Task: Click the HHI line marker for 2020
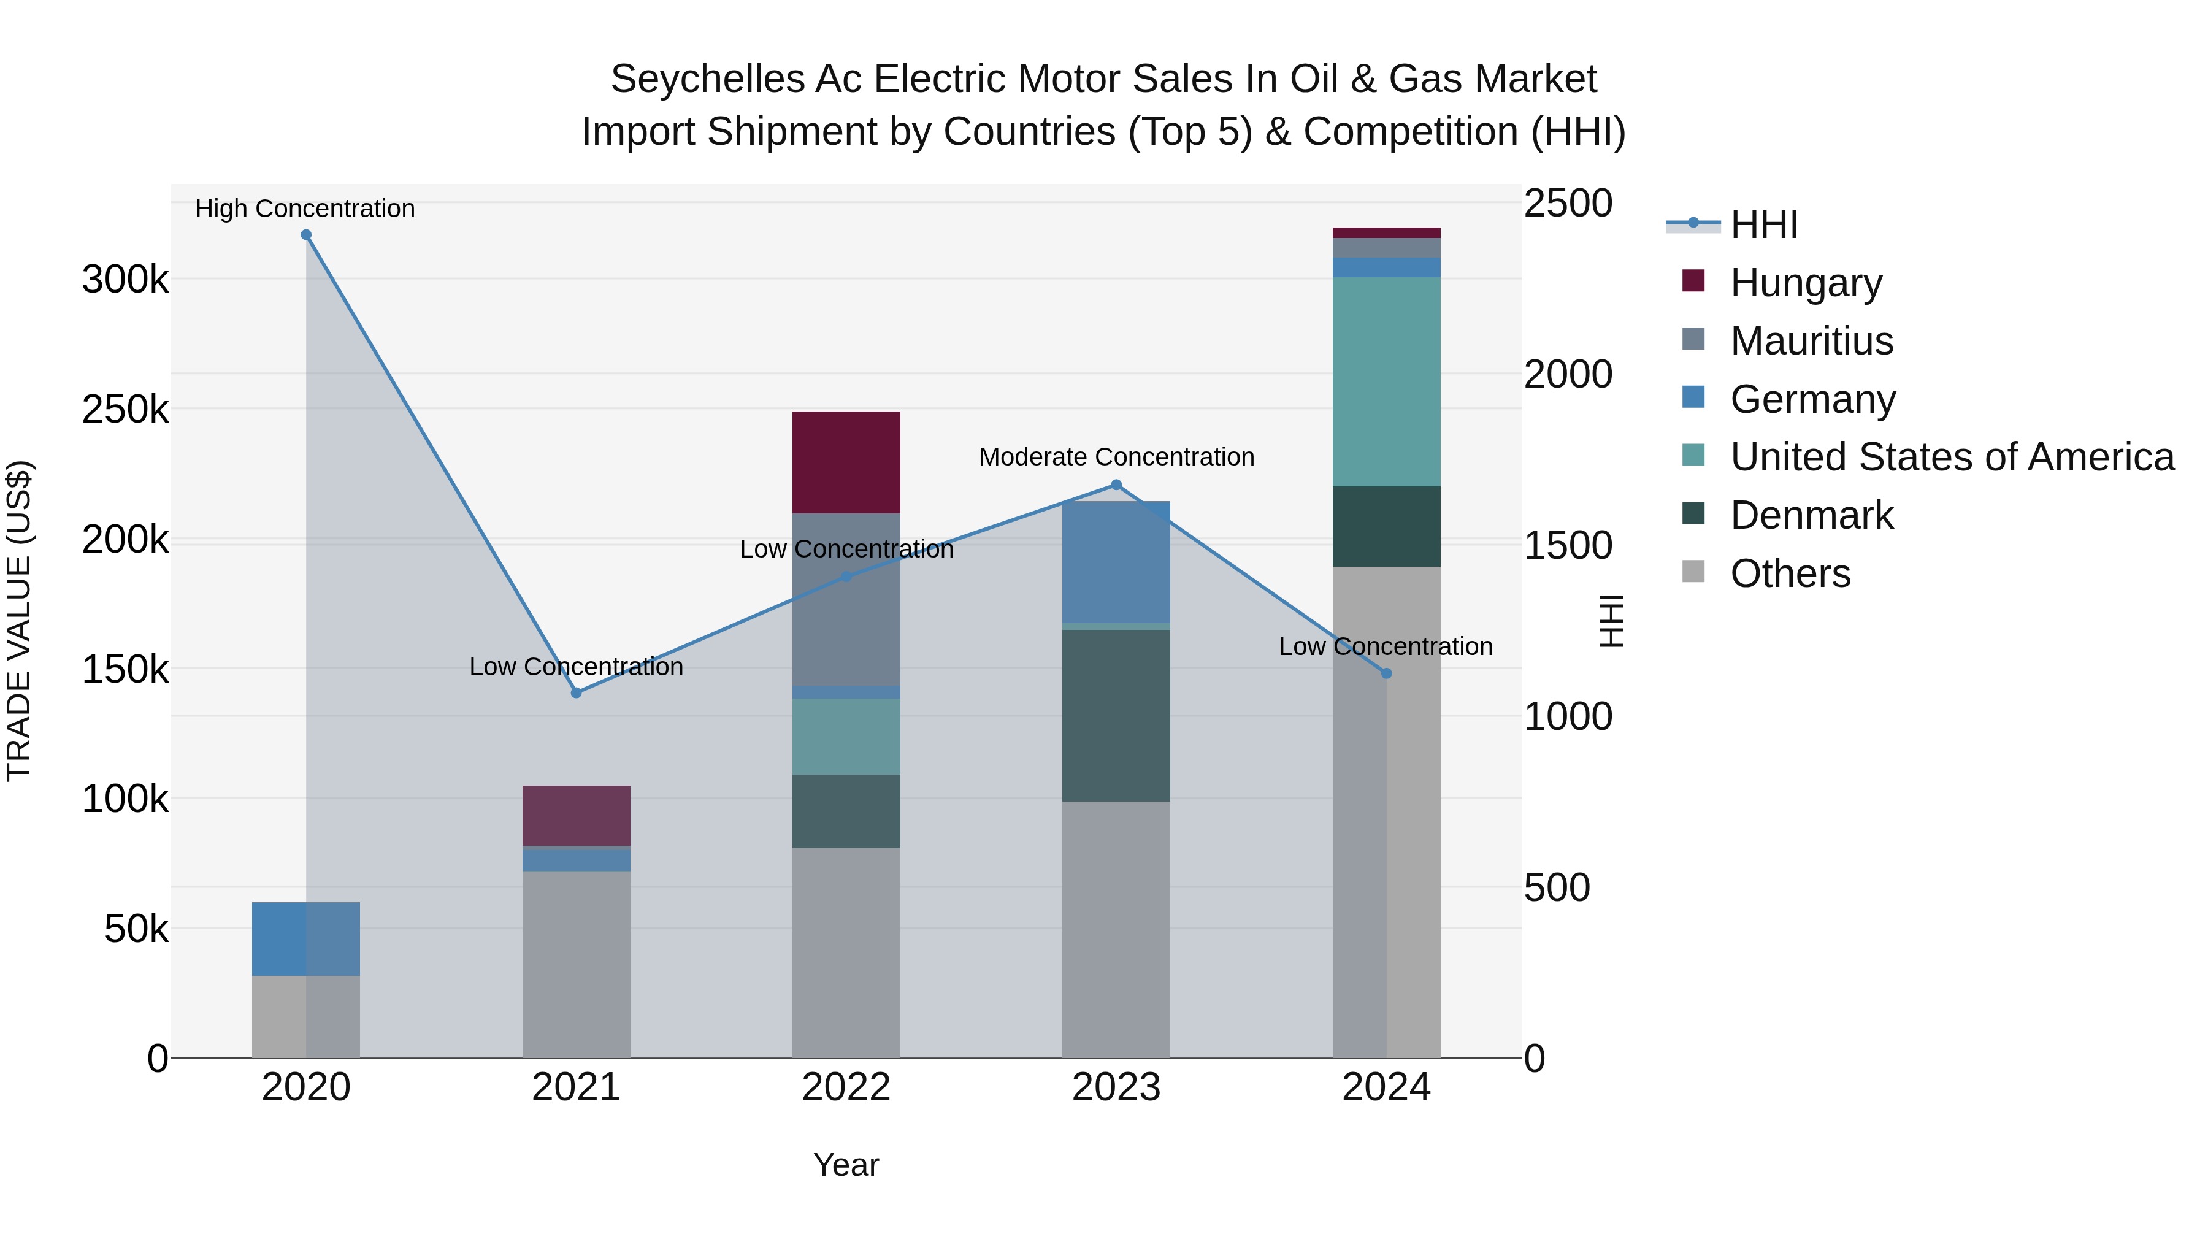pos(306,235)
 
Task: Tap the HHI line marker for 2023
pos(1116,485)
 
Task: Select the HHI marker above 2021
pos(576,692)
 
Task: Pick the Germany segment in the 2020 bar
pos(306,938)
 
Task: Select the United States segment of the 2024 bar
pos(1386,381)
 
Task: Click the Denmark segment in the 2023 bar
pos(1116,716)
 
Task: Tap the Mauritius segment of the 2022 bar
pos(846,599)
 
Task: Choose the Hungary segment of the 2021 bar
pos(576,815)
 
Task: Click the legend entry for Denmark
pos(1811,515)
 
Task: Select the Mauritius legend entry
pos(1811,341)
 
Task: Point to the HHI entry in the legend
pos(1763,224)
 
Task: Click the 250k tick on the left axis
pos(125,410)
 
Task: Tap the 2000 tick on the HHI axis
pos(1568,375)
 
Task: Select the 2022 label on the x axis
pos(846,1087)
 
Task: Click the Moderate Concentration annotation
pos(1116,457)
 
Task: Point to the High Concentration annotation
pos(305,209)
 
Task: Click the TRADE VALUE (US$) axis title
pos(19,621)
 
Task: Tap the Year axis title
pos(846,1165)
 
